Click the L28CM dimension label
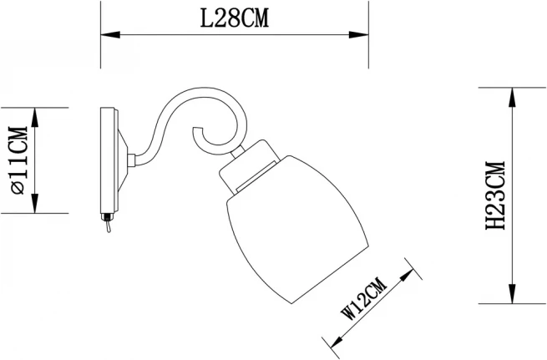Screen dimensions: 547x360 point(235,18)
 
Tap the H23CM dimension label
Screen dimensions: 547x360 point(495,195)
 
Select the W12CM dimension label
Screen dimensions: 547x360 point(364,298)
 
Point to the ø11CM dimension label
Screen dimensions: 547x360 point(19,160)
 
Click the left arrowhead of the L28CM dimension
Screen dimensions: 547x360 point(110,35)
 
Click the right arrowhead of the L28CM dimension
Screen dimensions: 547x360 point(359,35)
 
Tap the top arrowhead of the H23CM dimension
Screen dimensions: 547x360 point(512,97)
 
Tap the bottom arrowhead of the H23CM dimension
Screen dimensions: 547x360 point(512,294)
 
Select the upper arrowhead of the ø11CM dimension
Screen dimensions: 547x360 point(34,117)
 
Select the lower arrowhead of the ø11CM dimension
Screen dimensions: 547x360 point(34,203)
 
